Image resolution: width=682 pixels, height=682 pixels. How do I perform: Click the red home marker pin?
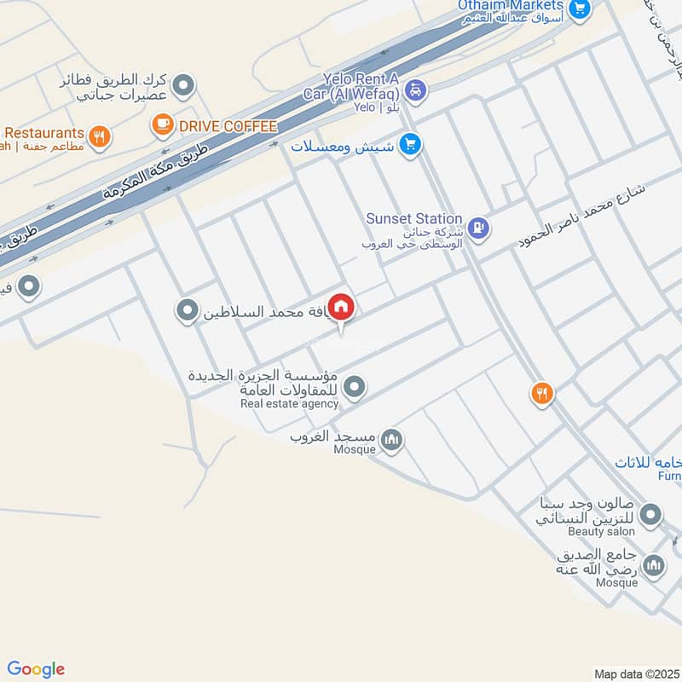coord(341,307)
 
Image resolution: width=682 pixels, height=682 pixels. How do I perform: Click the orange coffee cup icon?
coord(161,125)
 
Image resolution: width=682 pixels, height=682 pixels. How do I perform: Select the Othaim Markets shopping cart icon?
coord(580,9)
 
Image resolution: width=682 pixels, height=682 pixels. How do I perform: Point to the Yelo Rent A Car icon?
coord(415,89)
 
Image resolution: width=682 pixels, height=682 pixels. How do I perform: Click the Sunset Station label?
coord(413,219)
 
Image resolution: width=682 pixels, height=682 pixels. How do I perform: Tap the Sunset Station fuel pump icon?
coord(478,227)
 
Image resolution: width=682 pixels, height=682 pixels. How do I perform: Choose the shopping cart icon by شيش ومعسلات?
coord(411,145)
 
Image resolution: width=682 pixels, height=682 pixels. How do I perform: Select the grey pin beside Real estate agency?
coord(355,388)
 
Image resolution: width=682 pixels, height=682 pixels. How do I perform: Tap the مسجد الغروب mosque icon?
coord(391,440)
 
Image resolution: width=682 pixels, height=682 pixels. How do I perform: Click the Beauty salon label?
coord(602,531)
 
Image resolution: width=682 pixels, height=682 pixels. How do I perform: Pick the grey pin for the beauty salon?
coord(651,515)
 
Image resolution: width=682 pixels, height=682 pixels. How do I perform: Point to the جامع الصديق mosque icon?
coord(654,565)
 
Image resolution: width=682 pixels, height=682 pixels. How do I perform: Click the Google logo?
coord(36,669)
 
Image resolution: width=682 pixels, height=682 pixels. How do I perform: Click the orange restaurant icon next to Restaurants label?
coord(100,136)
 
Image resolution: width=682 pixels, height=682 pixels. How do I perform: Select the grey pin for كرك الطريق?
coord(182,85)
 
